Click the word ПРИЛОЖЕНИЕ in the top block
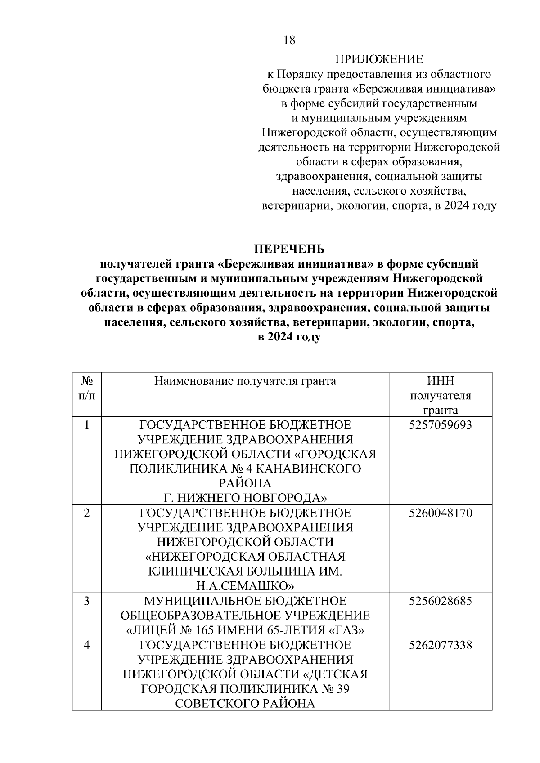point(379,59)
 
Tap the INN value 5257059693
point(441,425)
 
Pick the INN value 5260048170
point(441,513)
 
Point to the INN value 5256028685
point(441,601)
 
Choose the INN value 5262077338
point(441,645)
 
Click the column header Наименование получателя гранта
point(245,381)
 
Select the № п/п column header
point(87,388)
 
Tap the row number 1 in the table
point(87,425)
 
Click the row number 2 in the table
point(87,513)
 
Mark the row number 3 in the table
point(87,601)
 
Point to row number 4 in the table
point(87,645)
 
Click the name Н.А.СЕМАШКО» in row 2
point(245,586)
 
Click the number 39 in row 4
point(342,689)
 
